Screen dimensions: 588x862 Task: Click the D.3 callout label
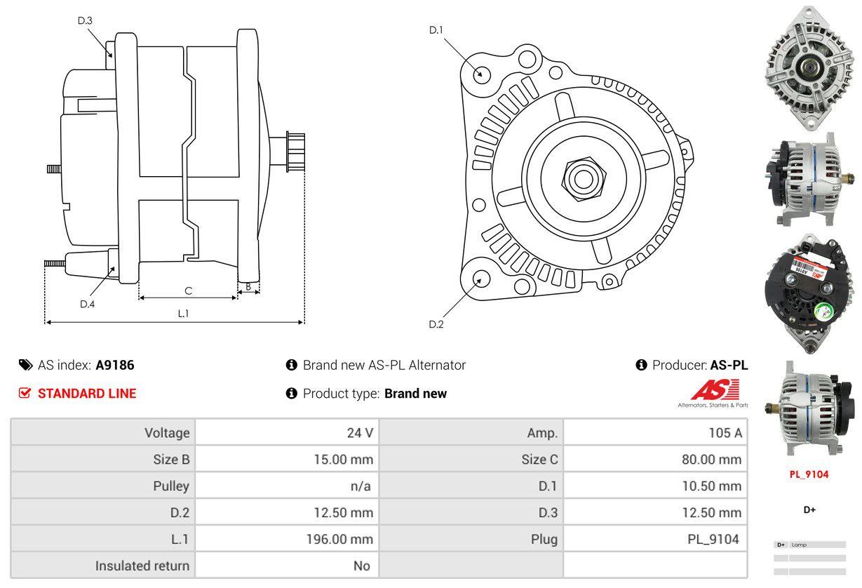(85, 21)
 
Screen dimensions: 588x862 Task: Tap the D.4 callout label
(87, 304)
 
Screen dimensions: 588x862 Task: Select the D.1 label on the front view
(436, 30)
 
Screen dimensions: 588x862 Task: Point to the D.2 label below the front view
(436, 324)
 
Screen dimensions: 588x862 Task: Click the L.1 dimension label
(183, 314)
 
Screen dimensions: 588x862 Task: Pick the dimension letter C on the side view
(188, 290)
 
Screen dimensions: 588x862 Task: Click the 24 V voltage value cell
(287, 433)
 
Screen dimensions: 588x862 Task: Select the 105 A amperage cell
(655, 433)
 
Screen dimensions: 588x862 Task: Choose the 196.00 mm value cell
(287, 540)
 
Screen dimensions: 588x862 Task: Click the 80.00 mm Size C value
(655, 460)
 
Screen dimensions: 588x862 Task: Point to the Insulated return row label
(142, 566)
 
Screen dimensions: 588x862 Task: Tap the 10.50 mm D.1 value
(655, 486)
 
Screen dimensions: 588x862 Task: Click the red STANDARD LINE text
(87, 394)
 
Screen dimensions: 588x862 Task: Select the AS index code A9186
(115, 365)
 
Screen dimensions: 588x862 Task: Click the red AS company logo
(715, 390)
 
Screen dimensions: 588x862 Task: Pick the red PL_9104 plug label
(809, 474)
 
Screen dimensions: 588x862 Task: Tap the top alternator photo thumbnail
(809, 68)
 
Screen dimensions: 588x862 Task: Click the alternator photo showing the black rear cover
(809, 293)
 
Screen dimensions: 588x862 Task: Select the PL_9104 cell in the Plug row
(655, 540)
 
